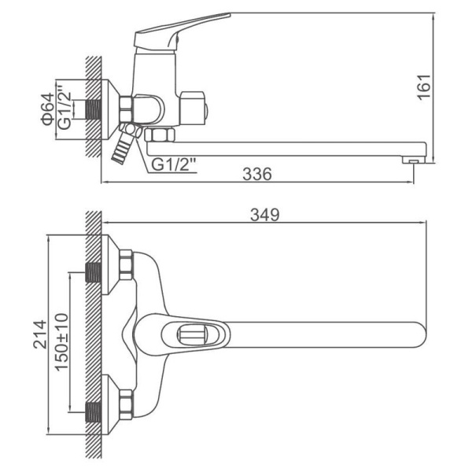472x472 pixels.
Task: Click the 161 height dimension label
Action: point(424,87)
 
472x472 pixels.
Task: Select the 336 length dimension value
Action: point(257,174)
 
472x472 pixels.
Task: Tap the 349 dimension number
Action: point(265,215)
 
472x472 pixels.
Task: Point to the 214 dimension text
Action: point(40,334)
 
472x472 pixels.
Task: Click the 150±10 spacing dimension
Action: point(61,342)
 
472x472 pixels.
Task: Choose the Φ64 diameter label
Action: point(48,109)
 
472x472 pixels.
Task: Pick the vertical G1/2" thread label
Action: point(65,106)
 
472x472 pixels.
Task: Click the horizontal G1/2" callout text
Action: point(174,164)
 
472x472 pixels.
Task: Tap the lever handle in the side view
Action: point(182,32)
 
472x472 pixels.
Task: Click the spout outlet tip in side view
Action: point(415,160)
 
